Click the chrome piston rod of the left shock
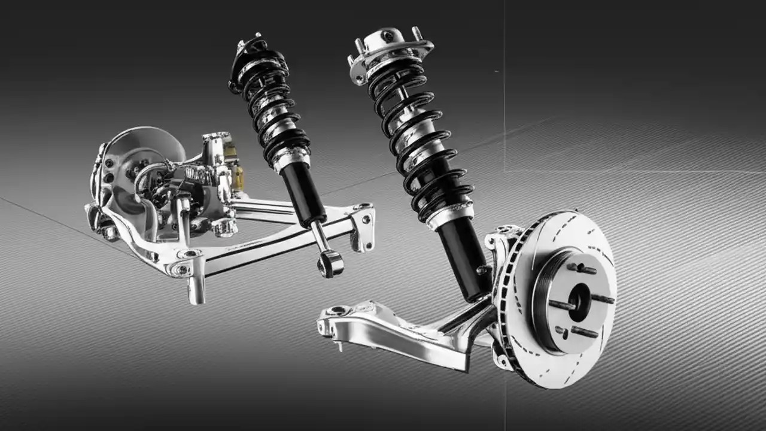click(x=320, y=236)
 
